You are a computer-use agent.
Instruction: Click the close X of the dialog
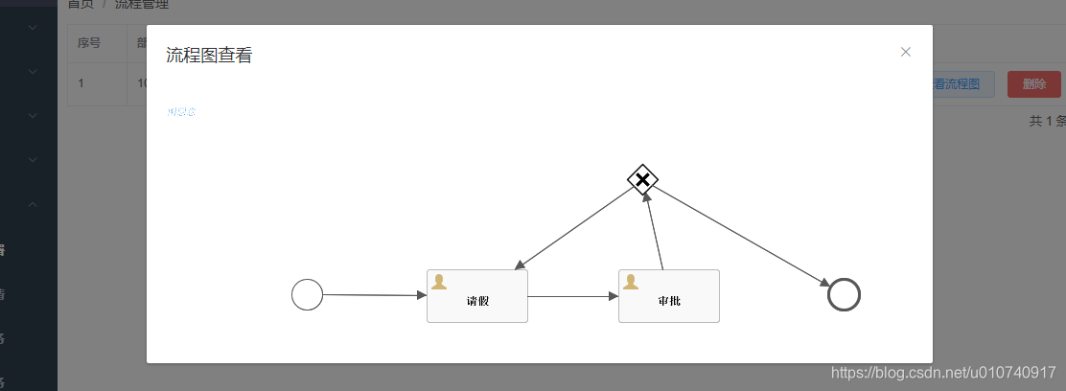click(x=905, y=52)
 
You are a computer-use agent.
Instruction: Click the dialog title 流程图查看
click(x=209, y=56)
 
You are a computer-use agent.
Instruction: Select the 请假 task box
click(x=477, y=297)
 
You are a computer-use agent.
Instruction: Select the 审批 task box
click(x=669, y=297)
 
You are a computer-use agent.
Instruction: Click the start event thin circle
click(x=307, y=294)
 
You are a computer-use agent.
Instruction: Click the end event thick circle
click(x=844, y=294)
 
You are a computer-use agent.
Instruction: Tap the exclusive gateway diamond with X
click(x=642, y=179)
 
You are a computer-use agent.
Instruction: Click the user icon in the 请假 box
click(x=439, y=282)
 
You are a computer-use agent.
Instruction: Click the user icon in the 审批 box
click(x=631, y=282)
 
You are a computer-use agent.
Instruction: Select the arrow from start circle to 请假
click(x=374, y=295)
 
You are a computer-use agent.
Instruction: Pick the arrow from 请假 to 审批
click(x=573, y=296)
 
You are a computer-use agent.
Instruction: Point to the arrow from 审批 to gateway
click(x=656, y=231)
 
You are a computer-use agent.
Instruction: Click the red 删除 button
click(x=1034, y=84)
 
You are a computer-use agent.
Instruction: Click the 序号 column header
click(x=89, y=42)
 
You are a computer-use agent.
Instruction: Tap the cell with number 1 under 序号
click(x=81, y=83)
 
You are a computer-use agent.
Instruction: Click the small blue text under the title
click(x=181, y=112)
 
